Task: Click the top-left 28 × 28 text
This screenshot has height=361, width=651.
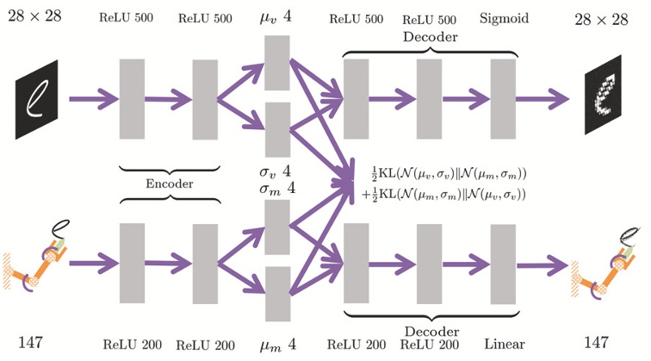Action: [x=36, y=16]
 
